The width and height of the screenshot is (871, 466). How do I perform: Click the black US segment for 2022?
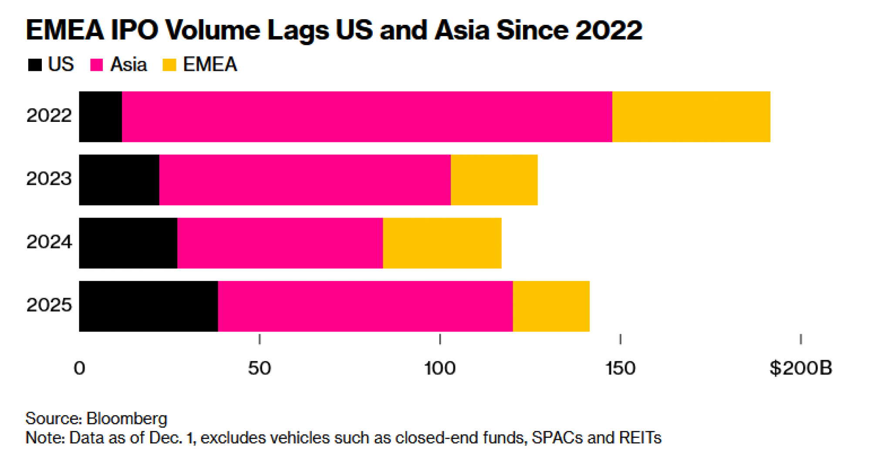[x=100, y=117]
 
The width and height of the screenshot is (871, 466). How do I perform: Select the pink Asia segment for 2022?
[x=367, y=117]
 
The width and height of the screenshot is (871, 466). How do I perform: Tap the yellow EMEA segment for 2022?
[x=691, y=117]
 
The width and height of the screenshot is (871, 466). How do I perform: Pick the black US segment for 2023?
[x=119, y=180]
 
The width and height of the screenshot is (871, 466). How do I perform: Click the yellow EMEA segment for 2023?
[x=494, y=180]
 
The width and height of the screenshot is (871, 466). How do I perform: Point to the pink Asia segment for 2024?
[x=280, y=243]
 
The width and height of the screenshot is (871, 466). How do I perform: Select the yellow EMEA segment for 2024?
[x=442, y=243]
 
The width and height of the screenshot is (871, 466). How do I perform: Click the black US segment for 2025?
[x=148, y=306]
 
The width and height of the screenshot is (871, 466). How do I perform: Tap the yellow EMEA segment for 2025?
[x=551, y=306]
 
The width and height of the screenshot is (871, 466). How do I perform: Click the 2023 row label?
[x=49, y=178]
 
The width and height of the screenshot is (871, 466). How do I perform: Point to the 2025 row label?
[x=49, y=305]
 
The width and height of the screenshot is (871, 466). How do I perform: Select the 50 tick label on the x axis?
[x=259, y=368]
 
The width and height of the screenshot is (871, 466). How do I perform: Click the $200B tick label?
[x=800, y=368]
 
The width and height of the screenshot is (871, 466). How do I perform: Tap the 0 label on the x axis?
[x=79, y=368]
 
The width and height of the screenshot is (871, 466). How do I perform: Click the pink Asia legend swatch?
[x=96, y=65]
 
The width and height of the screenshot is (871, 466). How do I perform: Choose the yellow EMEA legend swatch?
[x=169, y=65]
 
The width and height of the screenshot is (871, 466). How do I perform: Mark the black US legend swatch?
[x=34, y=65]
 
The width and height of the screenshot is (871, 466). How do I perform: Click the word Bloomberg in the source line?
[x=127, y=418]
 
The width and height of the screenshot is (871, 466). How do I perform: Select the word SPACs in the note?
[x=557, y=437]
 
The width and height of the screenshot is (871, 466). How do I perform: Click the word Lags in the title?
[x=298, y=30]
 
